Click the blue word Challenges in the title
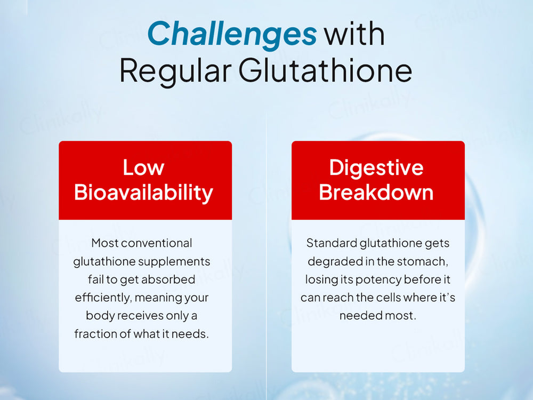pyautogui.click(x=232, y=33)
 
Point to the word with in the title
pyautogui.click(x=354, y=33)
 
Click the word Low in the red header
pyautogui.click(x=143, y=167)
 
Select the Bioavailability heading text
pyautogui.click(x=144, y=193)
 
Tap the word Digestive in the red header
pyautogui.click(x=376, y=167)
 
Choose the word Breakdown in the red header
pyautogui.click(x=376, y=193)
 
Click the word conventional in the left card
pyautogui.click(x=157, y=243)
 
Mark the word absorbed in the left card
pyautogui.click(x=171, y=279)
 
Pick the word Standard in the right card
pyautogui.click(x=332, y=243)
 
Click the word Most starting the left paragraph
pyautogui.click(x=105, y=243)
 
